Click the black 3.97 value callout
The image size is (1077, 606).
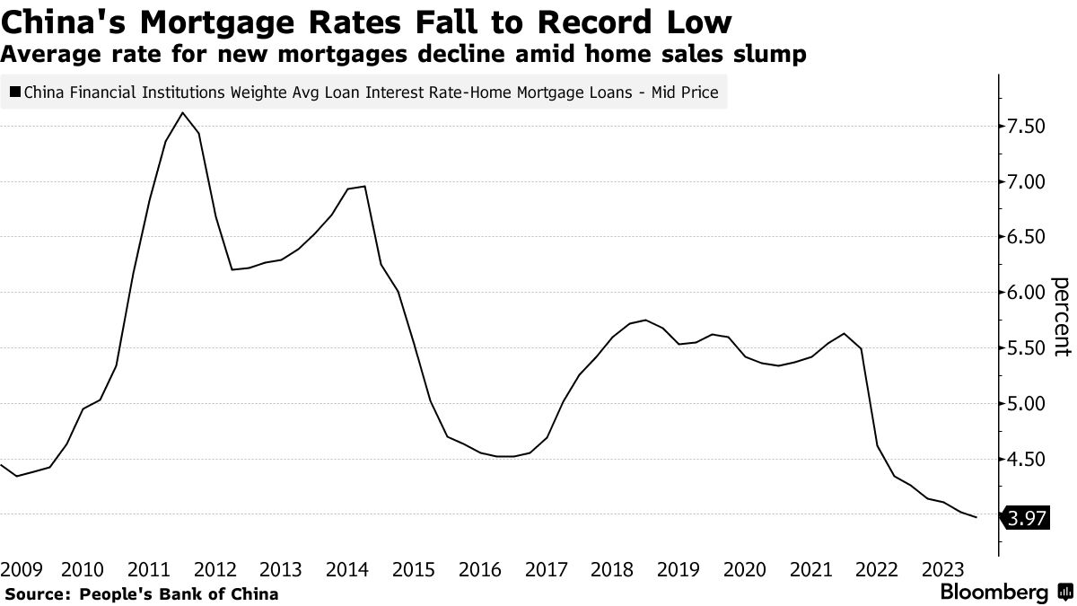coord(1027,517)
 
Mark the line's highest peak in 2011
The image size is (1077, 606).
coord(183,113)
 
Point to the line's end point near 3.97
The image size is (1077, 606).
coord(976,517)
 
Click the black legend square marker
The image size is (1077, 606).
coord(15,92)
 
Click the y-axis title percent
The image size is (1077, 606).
coord(1062,318)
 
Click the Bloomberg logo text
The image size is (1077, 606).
coord(994,593)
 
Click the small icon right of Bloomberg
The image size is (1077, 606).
coord(1064,593)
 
